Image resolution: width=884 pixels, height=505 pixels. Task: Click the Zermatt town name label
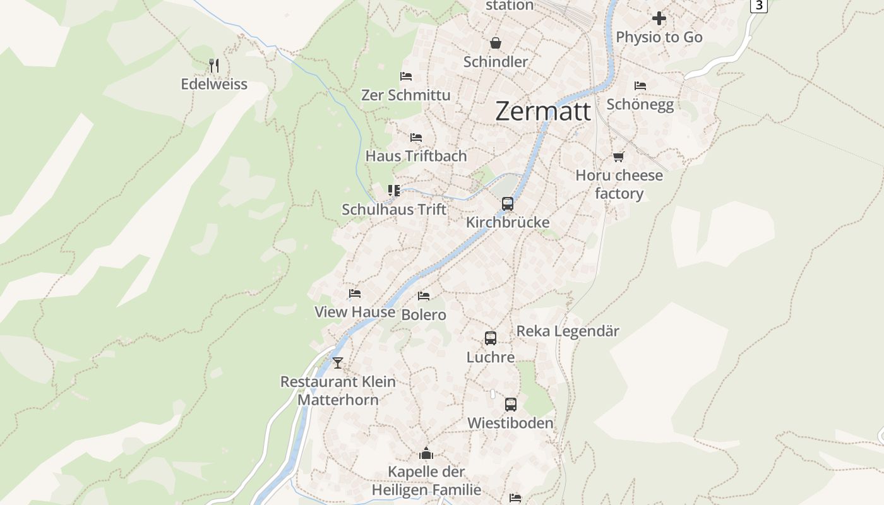[x=543, y=111]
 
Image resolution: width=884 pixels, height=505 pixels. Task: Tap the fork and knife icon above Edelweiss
[x=214, y=65]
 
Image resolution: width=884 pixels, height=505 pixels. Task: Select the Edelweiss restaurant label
[x=214, y=84]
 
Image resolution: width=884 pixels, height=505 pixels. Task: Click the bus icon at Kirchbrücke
[x=508, y=203]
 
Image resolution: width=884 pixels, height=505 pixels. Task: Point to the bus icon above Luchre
[x=491, y=338]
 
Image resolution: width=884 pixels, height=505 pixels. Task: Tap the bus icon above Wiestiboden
[x=511, y=404]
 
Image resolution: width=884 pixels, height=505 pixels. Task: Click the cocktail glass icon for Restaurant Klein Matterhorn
[x=338, y=362]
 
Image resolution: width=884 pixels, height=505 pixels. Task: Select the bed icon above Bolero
[x=424, y=295]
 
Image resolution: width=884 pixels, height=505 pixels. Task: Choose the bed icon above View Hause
[x=355, y=293]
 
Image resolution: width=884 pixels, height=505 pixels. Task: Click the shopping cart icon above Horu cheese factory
[x=619, y=157]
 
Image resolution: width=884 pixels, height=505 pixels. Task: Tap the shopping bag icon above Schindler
[x=496, y=43]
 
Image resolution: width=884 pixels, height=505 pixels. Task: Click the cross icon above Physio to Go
[x=659, y=18]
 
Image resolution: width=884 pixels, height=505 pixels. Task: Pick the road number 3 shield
[x=758, y=5]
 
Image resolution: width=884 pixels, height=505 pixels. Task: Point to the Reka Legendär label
[x=568, y=331]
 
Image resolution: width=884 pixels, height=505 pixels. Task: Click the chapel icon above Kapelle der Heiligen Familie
[x=426, y=453]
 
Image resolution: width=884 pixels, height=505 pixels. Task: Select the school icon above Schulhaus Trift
[x=394, y=190]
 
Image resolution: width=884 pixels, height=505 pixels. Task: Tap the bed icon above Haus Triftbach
[x=415, y=137]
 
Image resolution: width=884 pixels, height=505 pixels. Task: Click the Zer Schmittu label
[x=406, y=95]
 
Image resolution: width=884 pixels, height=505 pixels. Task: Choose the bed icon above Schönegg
[x=640, y=85]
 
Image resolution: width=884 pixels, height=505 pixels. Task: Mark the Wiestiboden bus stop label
[x=510, y=423]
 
